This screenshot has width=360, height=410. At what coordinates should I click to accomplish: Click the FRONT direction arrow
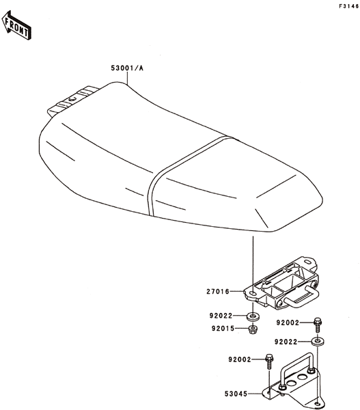[x=16, y=25]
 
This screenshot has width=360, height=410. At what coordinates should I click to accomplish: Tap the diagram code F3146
[x=349, y=6]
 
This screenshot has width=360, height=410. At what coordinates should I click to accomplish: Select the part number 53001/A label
[x=127, y=68]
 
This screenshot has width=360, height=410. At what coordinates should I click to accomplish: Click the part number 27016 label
[x=218, y=291]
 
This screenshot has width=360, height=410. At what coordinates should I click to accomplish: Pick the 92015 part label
[x=223, y=329]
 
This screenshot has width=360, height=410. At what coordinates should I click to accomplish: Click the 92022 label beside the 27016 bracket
[x=221, y=316]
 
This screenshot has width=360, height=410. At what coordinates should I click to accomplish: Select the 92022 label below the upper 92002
[x=286, y=342]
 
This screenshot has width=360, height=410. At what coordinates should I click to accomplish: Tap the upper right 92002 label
[x=288, y=323]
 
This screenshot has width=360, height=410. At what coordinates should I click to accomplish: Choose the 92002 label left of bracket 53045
[x=240, y=359]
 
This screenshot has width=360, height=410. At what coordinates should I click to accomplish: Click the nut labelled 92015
[x=252, y=329]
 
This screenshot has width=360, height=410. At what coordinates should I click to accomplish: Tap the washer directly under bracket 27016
[x=253, y=316]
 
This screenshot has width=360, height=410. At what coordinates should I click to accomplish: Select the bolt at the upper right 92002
[x=318, y=325]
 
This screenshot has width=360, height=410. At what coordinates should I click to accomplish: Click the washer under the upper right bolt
[x=317, y=342]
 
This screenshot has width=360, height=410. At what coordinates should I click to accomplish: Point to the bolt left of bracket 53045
[x=268, y=361]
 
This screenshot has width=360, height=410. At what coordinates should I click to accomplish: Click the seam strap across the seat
[x=183, y=167]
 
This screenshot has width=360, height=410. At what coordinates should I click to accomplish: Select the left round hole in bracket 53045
[x=291, y=383]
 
